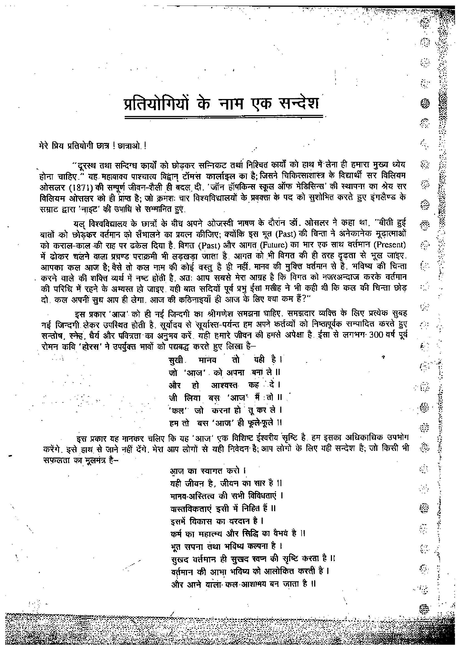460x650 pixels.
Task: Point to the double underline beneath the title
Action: click(x=224, y=117)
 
